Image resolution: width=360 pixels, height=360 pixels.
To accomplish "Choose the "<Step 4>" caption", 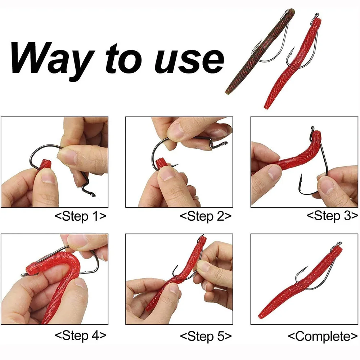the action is [x=80, y=336].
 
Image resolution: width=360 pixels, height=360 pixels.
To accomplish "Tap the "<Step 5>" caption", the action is [x=206, y=336].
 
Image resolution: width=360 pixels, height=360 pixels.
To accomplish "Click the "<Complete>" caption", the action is [x=323, y=336].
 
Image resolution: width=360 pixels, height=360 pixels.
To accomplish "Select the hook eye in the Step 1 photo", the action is [x=93, y=194].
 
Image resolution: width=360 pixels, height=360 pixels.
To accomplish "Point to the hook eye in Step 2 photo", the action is [x=224, y=144].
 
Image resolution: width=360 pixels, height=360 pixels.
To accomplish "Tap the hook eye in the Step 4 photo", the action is [x=24, y=274].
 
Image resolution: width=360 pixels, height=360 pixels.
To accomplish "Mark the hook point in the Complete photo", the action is [x=306, y=268].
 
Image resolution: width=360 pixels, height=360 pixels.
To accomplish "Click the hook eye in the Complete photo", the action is [x=339, y=244].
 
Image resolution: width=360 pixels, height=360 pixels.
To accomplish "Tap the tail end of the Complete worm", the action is [x=261, y=316].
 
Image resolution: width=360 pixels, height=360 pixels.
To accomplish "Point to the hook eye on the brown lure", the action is [x=287, y=11].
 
